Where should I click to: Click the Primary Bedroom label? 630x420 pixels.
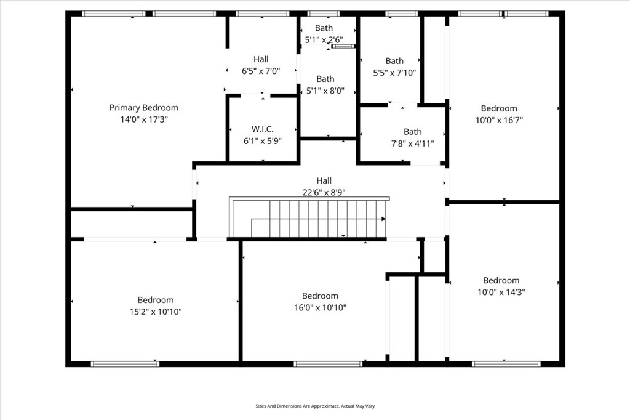click(x=144, y=108)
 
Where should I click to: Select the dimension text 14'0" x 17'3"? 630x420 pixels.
click(x=144, y=119)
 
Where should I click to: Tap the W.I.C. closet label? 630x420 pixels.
click(x=262, y=129)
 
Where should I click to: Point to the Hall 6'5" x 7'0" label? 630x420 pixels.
click(x=261, y=65)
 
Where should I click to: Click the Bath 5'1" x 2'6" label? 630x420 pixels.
click(x=324, y=34)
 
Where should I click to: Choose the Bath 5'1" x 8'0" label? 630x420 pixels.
click(x=325, y=84)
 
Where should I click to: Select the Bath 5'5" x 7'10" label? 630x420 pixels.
click(x=394, y=67)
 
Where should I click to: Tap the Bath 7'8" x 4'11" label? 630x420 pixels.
click(x=413, y=137)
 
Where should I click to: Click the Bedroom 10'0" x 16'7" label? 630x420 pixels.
click(x=499, y=115)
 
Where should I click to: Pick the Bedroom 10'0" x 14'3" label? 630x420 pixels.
click(x=501, y=286)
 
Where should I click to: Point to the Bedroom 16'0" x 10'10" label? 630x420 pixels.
click(x=320, y=302)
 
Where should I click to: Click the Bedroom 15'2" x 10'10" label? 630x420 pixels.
click(x=156, y=306)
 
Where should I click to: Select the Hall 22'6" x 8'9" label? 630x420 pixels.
click(x=324, y=186)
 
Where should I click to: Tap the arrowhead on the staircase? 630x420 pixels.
click(x=383, y=219)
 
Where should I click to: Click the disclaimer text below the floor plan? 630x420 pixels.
click(x=315, y=406)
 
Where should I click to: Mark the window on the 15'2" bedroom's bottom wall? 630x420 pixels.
click(x=125, y=364)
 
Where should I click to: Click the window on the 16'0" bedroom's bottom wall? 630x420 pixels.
click(x=327, y=364)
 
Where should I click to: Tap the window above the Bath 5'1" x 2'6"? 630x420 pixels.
click(x=324, y=14)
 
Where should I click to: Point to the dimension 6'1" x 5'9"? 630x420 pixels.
click(x=262, y=141)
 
